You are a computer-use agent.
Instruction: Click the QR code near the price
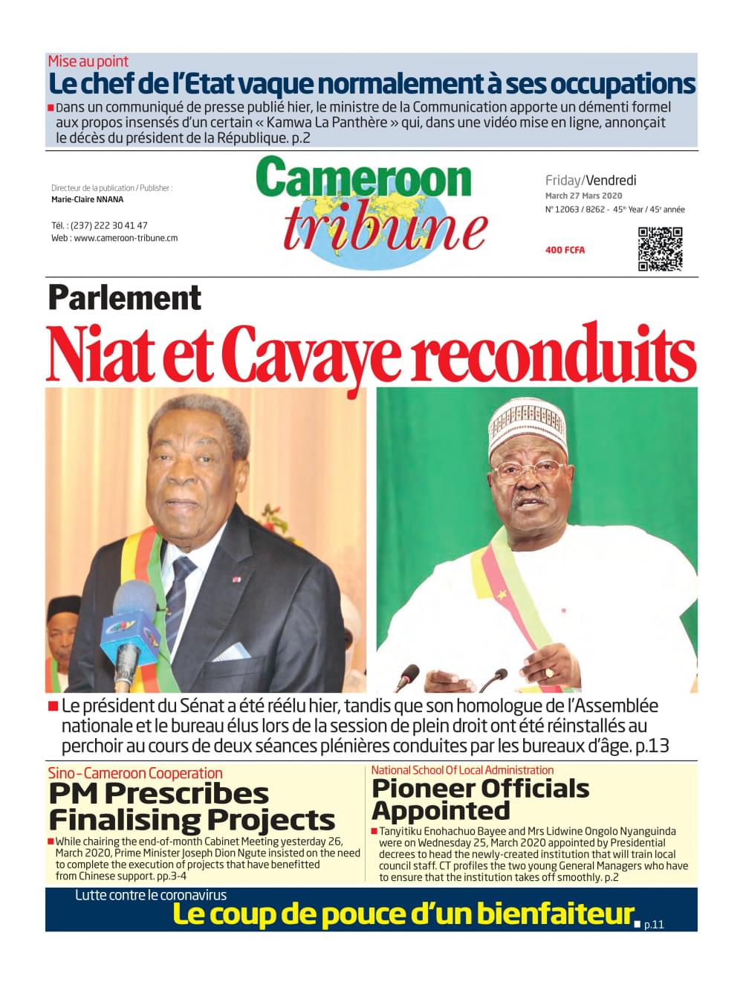660,250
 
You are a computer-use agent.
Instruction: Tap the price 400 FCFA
565,251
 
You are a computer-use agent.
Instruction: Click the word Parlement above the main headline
124,298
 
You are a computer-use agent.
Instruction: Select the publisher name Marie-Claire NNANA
88,199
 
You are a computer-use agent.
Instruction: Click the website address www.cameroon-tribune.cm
126,238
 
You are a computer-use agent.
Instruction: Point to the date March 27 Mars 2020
584,196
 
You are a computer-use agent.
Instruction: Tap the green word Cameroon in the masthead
364,179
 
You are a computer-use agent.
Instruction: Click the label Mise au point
88,62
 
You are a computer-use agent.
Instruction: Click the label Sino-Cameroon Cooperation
135,773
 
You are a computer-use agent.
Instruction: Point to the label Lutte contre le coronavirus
151,895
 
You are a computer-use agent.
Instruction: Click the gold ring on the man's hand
549,673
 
